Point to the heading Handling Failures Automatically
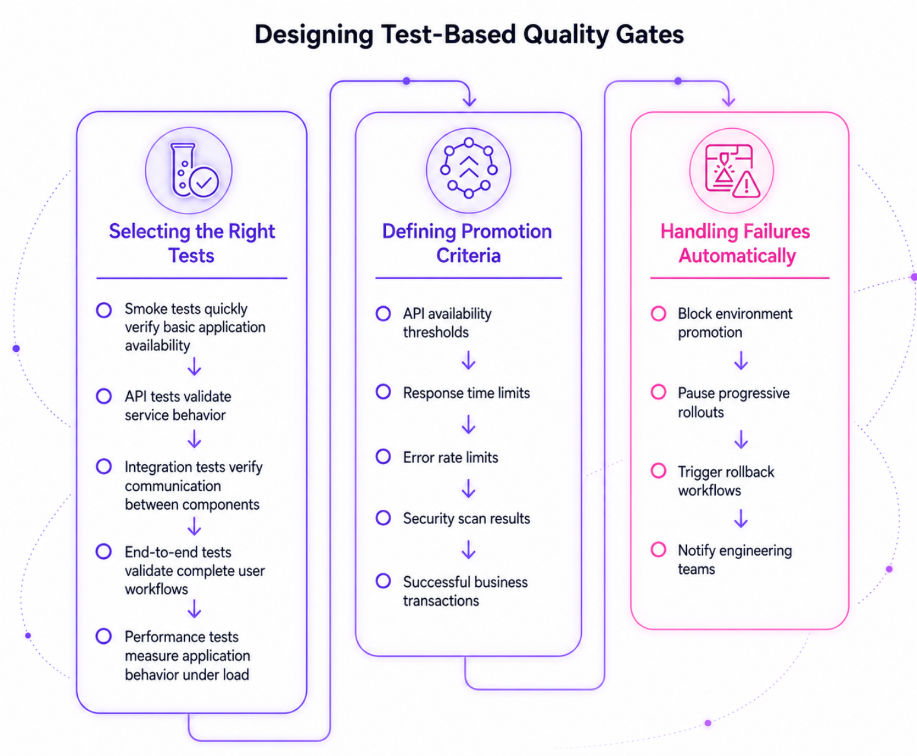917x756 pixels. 736,243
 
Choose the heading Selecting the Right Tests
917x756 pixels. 192,243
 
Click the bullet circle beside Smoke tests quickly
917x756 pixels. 104,310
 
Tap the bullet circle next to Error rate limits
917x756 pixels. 383,456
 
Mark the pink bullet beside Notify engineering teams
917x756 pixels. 658,549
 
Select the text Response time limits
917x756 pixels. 467,393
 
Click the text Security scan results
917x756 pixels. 467,519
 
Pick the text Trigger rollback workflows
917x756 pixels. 726,481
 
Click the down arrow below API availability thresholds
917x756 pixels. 469,360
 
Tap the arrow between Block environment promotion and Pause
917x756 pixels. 741,360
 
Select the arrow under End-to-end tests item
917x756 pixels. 194,609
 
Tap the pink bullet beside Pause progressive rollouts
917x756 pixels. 658,392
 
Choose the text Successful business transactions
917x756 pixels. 465,592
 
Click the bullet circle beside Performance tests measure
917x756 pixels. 104,636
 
